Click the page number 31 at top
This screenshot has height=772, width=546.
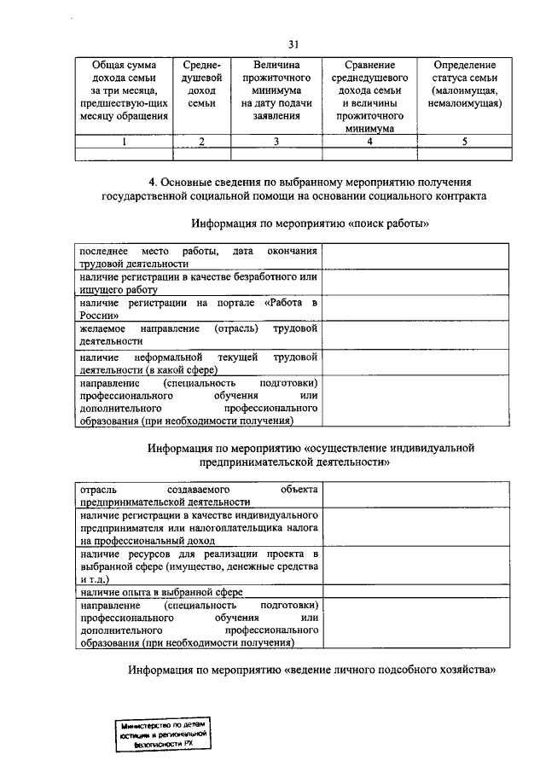(293, 44)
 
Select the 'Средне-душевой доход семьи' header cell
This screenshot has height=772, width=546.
(202, 84)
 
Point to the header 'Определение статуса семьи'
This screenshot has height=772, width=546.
(465, 84)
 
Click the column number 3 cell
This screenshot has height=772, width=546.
(276, 142)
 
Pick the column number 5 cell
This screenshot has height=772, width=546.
(465, 142)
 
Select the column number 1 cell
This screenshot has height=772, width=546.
(123, 142)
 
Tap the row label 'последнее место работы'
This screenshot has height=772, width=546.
(198, 257)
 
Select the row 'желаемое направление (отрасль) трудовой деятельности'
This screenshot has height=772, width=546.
(198, 335)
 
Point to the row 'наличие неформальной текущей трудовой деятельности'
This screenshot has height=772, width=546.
(198, 363)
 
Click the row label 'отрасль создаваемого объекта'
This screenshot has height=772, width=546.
(198, 496)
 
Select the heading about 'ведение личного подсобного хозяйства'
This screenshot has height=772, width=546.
(313, 670)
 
